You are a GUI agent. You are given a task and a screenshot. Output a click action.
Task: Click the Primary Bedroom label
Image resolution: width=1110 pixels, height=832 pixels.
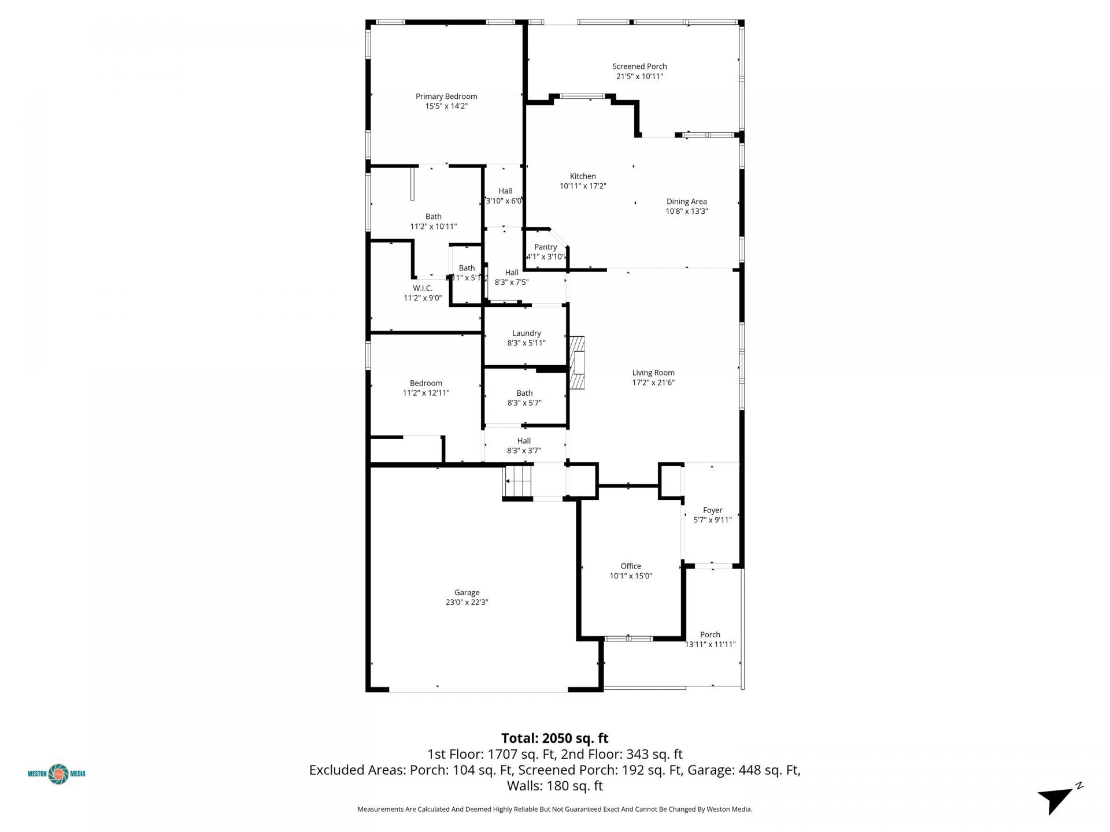pyautogui.click(x=446, y=96)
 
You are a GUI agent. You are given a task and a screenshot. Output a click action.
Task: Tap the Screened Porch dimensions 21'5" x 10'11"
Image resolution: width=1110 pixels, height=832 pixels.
pyautogui.click(x=639, y=76)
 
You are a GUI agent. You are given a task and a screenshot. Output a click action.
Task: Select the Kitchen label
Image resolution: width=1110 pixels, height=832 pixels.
pyautogui.click(x=583, y=176)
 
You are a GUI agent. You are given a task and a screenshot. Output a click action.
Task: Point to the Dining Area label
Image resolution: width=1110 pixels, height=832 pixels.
pyautogui.click(x=686, y=202)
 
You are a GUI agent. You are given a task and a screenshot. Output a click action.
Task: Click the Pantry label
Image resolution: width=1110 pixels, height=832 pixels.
pyautogui.click(x=545, y=247)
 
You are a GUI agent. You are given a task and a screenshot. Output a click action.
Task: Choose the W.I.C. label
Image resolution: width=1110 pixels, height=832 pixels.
pyautogui.click(x=422, y=288)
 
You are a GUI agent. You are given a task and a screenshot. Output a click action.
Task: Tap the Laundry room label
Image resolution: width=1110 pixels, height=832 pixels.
pyautogui.click(x=526, y=333)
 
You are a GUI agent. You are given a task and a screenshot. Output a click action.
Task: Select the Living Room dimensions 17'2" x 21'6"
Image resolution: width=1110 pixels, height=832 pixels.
pyautogui.click(x=653, y=382)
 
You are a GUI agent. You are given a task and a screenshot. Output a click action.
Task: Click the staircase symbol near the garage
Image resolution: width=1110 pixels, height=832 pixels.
pyautogui.click(x=518, y=481)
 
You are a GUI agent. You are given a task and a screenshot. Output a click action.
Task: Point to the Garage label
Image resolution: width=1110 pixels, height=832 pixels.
pyautogui.click(x=467, y=592)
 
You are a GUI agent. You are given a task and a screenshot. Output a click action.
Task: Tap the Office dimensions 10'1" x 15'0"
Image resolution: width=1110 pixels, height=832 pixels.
pyautogui.click(x=631, y=576)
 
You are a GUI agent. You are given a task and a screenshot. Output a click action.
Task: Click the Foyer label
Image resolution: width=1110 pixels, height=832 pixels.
pyautogui.click(x=712, y=510)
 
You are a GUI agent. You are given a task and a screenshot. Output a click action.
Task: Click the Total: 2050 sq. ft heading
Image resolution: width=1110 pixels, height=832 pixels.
pyautogui.click(x=554, y=738)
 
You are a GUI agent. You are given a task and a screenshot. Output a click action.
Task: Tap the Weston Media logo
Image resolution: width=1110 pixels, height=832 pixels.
pyautogui.click(x=57, y=774)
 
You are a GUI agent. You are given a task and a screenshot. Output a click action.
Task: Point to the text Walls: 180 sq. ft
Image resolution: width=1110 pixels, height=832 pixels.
pyautogui.click(x=554, y=786)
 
